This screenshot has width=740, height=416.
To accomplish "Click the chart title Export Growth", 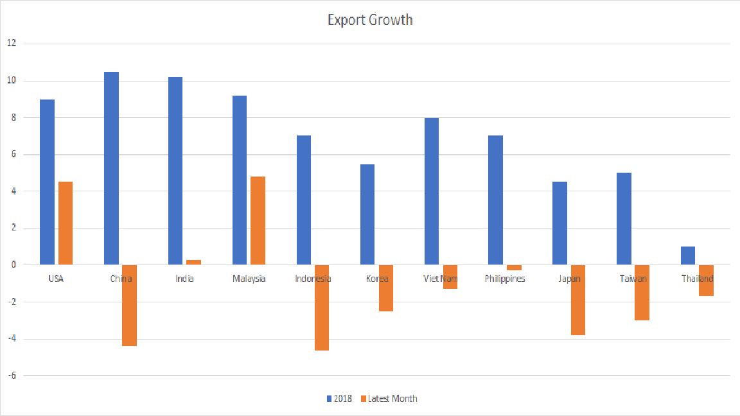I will (370, 20).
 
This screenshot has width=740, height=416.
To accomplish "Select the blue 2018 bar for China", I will (111, 168).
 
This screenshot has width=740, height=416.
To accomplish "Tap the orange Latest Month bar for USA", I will (66, 223).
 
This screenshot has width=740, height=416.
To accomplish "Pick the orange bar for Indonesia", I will (322, 308).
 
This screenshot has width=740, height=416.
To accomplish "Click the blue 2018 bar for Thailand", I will (688, 256).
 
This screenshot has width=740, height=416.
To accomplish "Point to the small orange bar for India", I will (194, 262).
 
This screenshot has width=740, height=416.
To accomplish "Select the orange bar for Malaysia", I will (258, 220).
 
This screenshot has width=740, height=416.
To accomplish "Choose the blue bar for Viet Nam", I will (432, 191).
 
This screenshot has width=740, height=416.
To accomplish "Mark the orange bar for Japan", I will (578, 300).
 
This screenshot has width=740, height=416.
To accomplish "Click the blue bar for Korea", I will (367, 214).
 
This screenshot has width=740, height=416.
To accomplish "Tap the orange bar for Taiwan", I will (642, 293).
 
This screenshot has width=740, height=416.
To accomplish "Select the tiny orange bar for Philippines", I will (514, 268).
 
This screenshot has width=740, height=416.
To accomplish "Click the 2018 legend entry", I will (339, 399).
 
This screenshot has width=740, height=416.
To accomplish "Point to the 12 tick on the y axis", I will (12, 44).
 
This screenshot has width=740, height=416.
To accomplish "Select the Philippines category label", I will (505, 279).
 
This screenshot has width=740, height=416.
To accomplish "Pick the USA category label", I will (56, 279).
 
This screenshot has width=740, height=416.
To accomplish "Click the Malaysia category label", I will (249, 279).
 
